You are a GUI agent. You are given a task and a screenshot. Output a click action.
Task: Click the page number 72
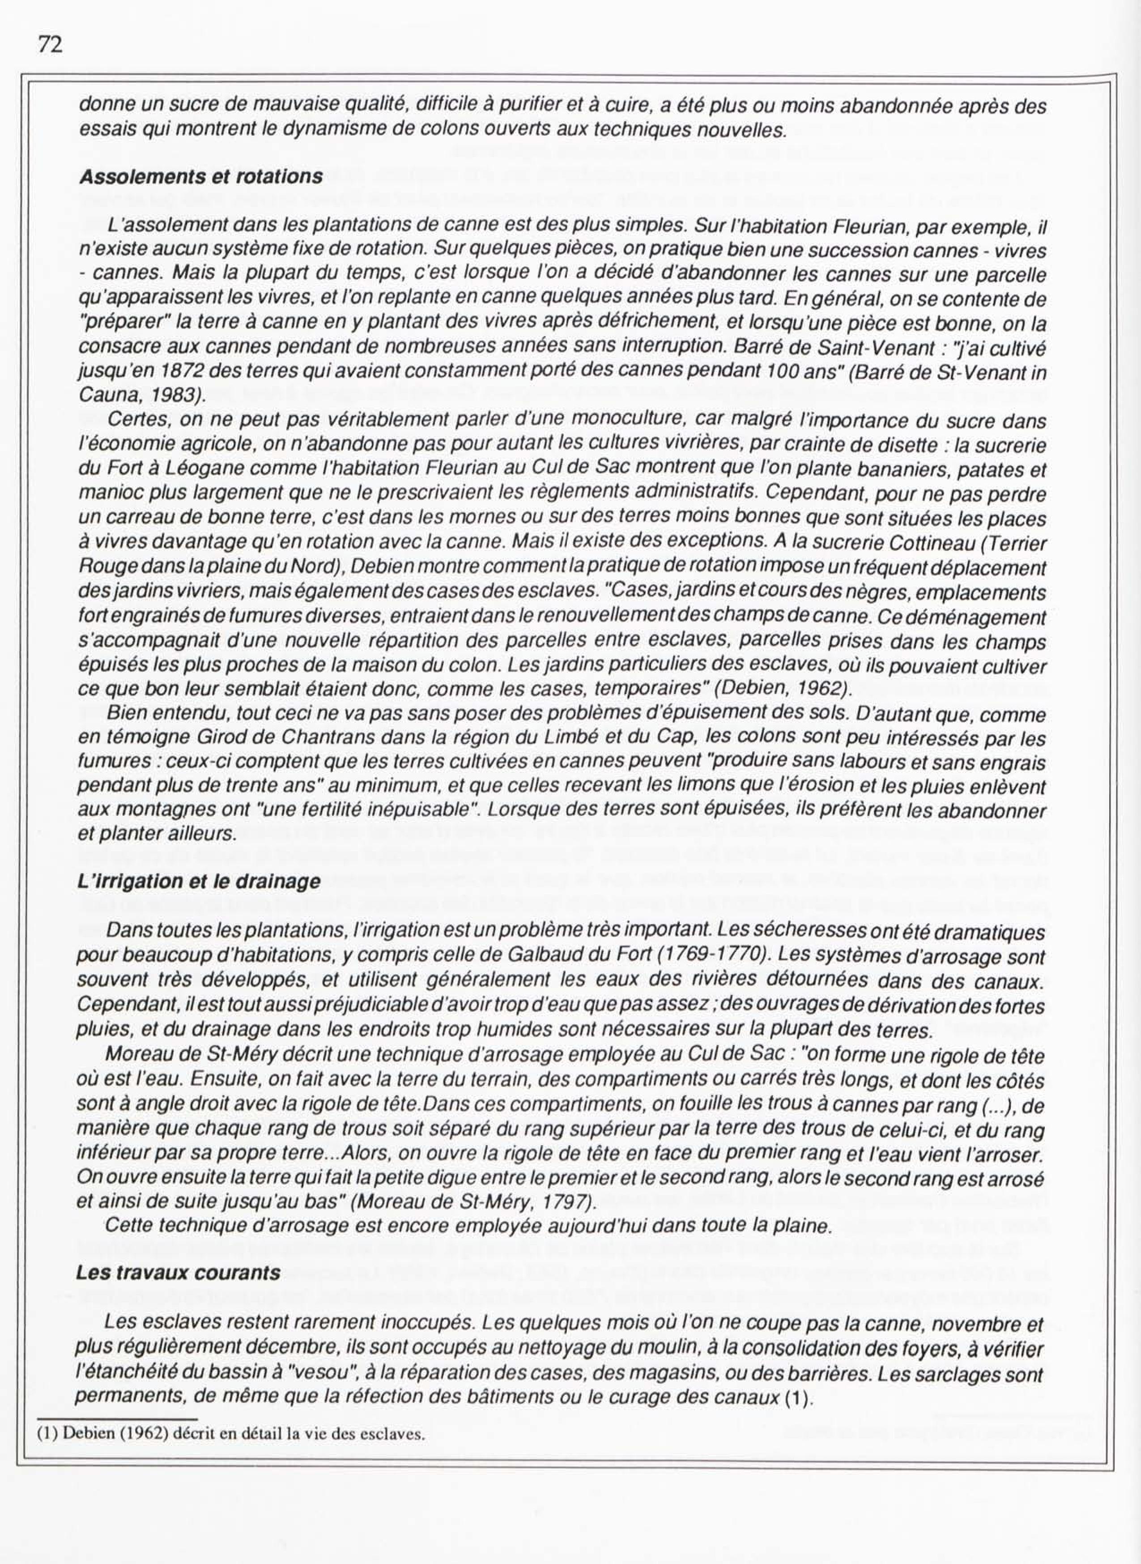tap(51, 45)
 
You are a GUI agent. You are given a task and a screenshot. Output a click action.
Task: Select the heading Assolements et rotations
tap(201, 177)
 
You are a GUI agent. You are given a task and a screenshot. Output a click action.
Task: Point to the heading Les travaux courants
tap(178, 1273)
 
